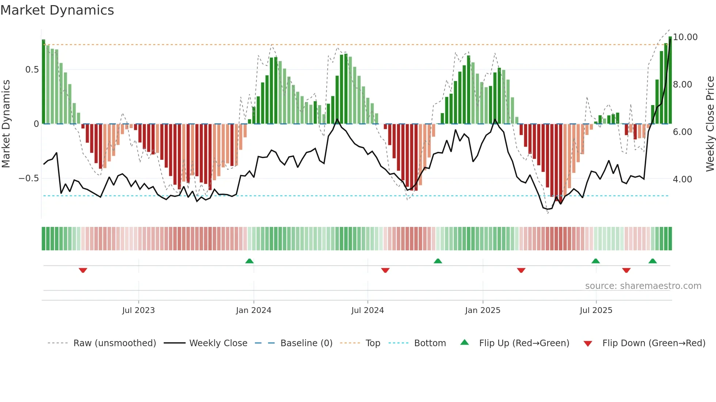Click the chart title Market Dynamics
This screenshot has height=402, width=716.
pyautogui.click(x=57, y=10)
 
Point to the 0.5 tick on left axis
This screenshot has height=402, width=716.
pyautogui.click(x=32, y=70)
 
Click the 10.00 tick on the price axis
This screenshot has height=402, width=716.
pyautogui.click(x=685, y=37)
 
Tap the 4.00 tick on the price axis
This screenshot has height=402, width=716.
pyautogui.click(x=682, y=179)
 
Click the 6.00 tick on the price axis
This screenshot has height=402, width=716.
pyautogui.click(x=682, y=132)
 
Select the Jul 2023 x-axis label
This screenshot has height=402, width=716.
pyautogui.click(x=138, y=310)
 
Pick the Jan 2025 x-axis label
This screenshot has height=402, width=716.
pyautogui.click(x=483, y=310)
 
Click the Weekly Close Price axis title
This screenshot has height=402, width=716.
pyautogui.click(x=710, y=124)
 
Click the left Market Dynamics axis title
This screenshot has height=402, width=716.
pyautogui.click(x=6, y=124)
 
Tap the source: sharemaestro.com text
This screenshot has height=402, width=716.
pyautogui.click(x=643, y=286)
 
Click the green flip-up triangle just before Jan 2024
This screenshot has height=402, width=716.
pyautogui.click(x=250, y=261)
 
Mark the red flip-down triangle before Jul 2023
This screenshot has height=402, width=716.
pyautogui.click(x=83, y=270)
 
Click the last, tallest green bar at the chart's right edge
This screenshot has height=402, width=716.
pyautogui.click(x=670, y=80)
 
